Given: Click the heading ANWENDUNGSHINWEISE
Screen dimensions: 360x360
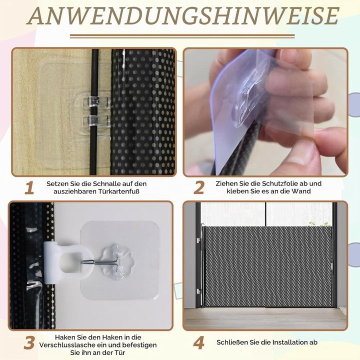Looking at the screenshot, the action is click(182, 15).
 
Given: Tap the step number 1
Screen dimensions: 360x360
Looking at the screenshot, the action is click(29, 188).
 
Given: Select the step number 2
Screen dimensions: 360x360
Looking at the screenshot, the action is click(199, 188).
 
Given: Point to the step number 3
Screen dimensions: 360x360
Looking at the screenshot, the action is click(29, 343).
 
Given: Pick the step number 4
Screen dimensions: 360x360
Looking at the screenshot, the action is click(199, 343).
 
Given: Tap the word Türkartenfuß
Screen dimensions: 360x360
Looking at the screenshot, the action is click(119, 191).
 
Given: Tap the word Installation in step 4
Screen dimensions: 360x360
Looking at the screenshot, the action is click(284, 342).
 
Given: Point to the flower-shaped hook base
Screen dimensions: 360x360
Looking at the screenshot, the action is click(117, 261).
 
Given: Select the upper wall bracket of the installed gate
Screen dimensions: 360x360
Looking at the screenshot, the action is click(198, 240).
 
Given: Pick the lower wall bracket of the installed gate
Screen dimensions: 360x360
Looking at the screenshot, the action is click(198, 291).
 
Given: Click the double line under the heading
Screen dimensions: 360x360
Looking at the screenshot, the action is click(182, 36).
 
